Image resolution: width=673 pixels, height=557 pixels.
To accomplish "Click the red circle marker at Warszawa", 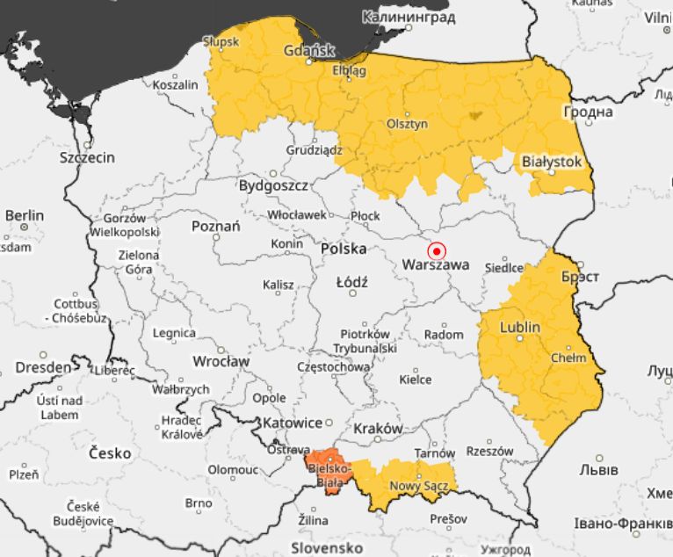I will [x=437, y=250].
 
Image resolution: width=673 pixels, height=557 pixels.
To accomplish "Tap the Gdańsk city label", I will [x=309, y=51].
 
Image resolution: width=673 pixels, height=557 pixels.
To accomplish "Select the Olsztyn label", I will [x=407, y=124].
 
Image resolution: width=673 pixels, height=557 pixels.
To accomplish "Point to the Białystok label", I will [x=552, y=162].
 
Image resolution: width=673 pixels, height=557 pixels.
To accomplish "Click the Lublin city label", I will [x=520, y=327].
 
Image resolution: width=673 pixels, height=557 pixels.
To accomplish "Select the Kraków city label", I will [x=379, y=429].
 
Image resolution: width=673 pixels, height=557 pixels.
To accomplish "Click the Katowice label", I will [x=291, y=423].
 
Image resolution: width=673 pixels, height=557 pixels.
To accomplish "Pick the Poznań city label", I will [x=215, y=227].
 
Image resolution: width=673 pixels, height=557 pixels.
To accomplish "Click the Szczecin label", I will [x=87, y=158].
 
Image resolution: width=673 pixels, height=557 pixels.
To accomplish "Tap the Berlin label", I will [x=24, y=215].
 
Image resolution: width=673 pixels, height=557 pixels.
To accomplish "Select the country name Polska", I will [x=344, y=249].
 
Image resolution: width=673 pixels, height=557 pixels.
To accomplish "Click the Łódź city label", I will [x=352, y=282].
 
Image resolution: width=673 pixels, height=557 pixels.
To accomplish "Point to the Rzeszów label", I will [x=489, y=451].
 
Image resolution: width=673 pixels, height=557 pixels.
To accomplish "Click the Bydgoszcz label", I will [x=273, y=186].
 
